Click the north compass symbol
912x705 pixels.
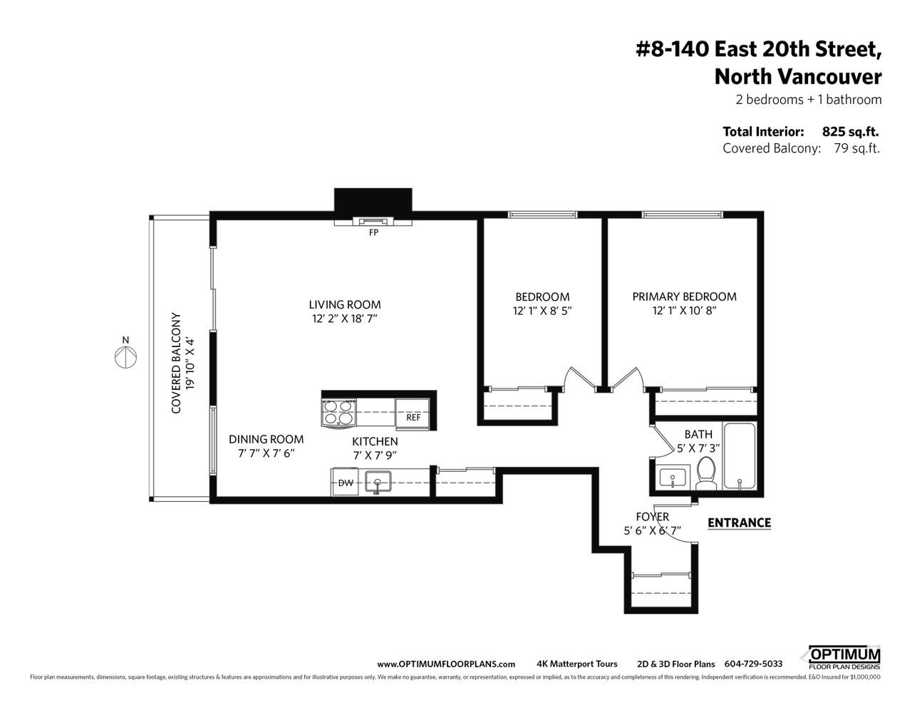[x=125, y=358]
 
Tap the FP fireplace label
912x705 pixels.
[x=373, y=232]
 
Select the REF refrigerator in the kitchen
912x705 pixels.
[x=412, y=414]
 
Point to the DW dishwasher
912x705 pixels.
[x=345, y=483]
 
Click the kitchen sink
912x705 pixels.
[x=378, y=481]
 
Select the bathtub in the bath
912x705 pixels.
[x=740, y=457]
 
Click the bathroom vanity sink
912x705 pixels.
[x=673, y=478]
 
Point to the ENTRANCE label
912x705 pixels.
[x=739, y=523]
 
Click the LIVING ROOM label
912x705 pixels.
[x=345, y=304]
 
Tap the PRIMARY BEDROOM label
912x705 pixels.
[x=684, y=297]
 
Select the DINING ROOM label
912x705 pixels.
[x=266, y=439]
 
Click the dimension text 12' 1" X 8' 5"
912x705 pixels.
[x=542, y=311]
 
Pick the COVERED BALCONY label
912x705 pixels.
[x=176, y=363]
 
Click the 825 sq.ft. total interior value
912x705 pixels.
[x=850, y=132]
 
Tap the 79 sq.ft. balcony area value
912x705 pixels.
[x=856, y=148]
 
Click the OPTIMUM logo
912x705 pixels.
[x=844, y=658]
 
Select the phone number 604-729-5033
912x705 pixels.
[x=753, y=664]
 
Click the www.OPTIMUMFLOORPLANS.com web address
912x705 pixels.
[x=446, y=664]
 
